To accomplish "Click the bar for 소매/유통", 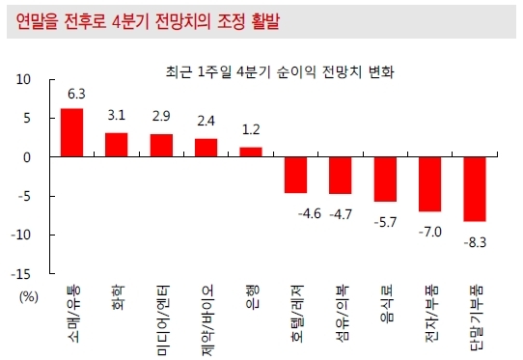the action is (x=71, y=132).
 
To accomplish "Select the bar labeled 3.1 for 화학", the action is (x=117, y=145).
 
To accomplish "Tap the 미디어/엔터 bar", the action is (x=161, y=146).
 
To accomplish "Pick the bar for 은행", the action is (x=251, y=152).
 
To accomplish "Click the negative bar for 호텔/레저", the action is (x=296, y=175).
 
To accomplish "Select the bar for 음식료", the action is (x=385, y=180).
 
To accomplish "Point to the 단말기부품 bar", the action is (x=475, y=189).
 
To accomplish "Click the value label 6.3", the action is (x=76, y=94).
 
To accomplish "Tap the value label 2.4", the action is (x=206, y=121).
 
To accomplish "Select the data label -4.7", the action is (x=341, y=214).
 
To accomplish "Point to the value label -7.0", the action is (x=430, y=232).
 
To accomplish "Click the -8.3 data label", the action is (x=475, y=242).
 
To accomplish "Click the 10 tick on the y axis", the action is (x=23, y=80).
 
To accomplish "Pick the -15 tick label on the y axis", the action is (x=20, y=274).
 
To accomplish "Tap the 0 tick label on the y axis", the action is (x=27, y=157).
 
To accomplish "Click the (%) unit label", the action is (x=29, y=296).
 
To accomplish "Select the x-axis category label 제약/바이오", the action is (x=206, y=320).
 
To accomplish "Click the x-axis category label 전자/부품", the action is (x=430, y=314).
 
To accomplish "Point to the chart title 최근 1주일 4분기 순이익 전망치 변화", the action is (x=280, y=72).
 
